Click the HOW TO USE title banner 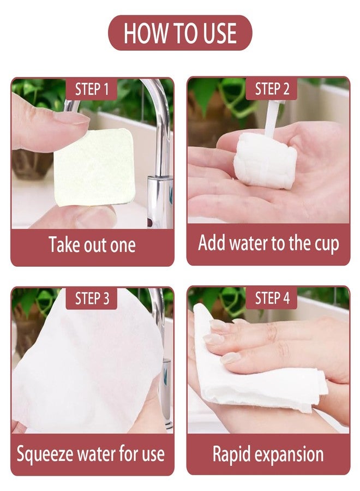[x=180, y=33]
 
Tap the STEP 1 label [x=92, y=89]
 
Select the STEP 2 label [x=272, y=89]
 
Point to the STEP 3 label [x=92, y=298]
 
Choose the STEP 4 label [x=272, y=298]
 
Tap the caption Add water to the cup [x=268, y=243]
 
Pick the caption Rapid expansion [x=268, y=454]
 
